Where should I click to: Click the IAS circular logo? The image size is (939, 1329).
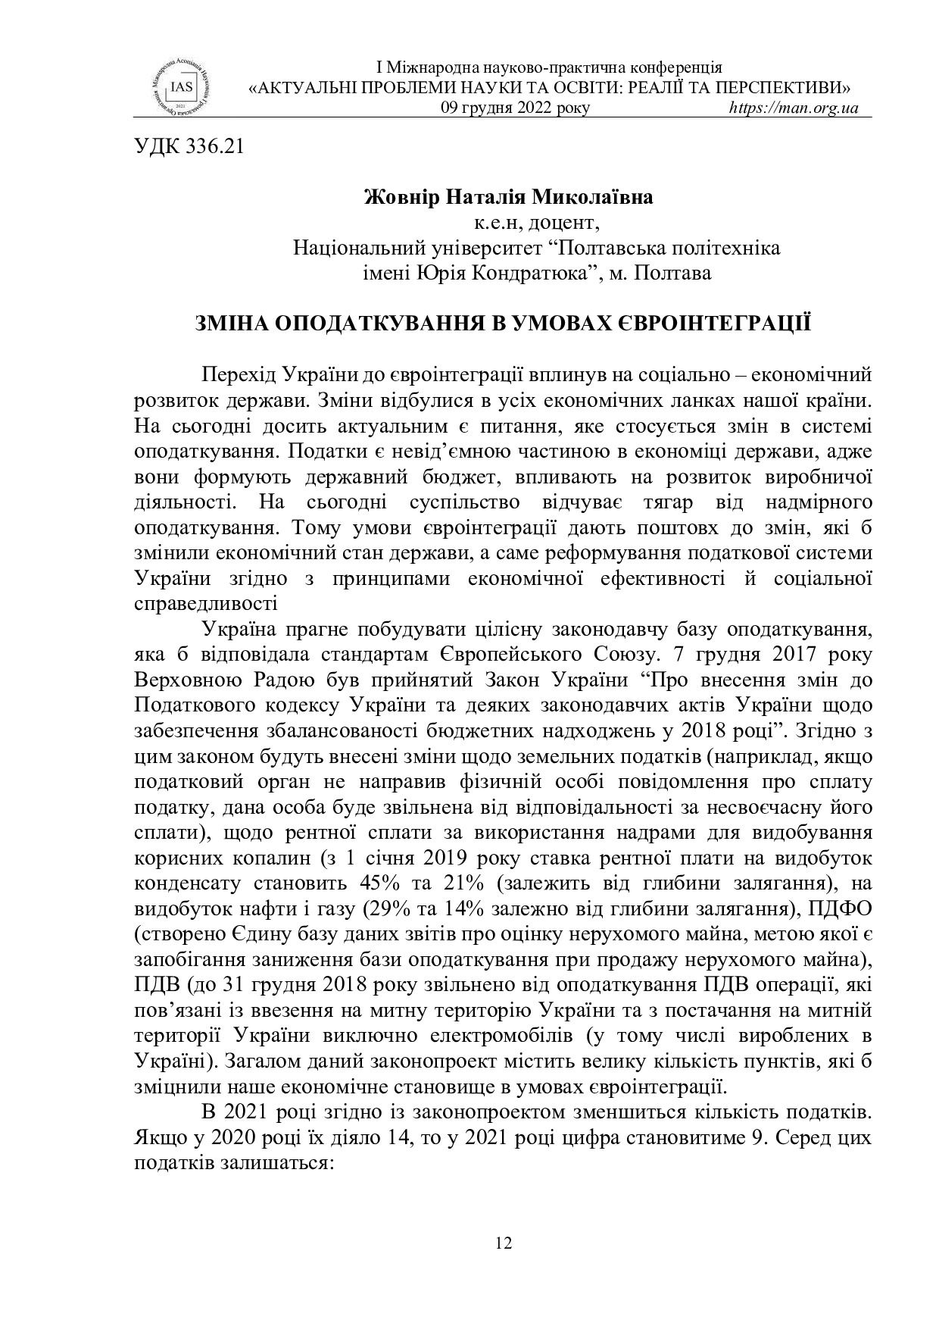(x=180, y=86)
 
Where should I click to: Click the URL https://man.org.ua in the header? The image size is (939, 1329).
(x=793, y=108)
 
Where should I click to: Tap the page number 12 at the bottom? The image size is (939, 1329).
(x=503, y=1243)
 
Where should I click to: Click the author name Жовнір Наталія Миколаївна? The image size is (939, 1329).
(x=508, y=199)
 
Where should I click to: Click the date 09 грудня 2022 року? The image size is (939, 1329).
(x=515, y=108)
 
